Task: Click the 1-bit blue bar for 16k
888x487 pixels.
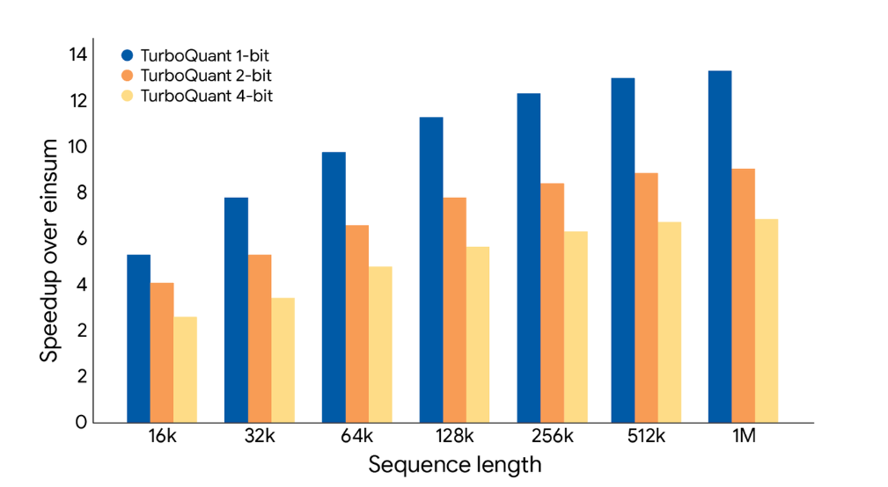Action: pyautogui.click(x=138, y=338)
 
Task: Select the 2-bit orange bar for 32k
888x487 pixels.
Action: pyautogui.click(x=259, y=338)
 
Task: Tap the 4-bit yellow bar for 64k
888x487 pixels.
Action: pyautogui.click(x=380, y=344)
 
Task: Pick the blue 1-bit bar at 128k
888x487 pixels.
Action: pyautogui.click(x=431, y=269)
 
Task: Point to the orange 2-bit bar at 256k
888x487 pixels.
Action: pyautogui.click(x=552, y=302)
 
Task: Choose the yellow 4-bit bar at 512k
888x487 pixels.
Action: pyautogui.click(x=669, y=322)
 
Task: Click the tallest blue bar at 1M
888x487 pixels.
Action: pyautogui.click(x=720, y=246)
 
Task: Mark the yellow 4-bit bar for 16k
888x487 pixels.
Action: pyautogui.click(x=185, y=369)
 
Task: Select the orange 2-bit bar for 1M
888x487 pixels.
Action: pyautogui.click(x=743, y=295)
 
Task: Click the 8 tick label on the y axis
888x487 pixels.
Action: pyautogui.click(x=81, y=193)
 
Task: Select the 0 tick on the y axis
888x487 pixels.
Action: pyautogui.click(x=81, y=422)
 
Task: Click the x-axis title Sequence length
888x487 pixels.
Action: pyautogui.click(x=454, y=464)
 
